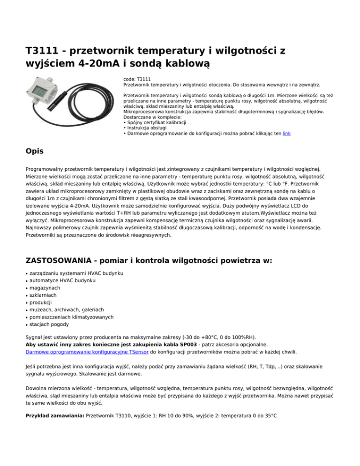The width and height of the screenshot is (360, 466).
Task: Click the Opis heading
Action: pos(36,151)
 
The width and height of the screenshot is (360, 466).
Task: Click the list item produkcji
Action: pos(43,302)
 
